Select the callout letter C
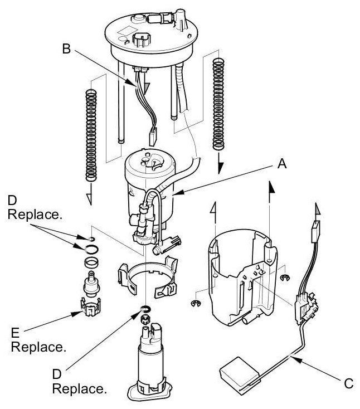pyautogui.click(x=348, y=383)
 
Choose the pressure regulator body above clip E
pyautogui.click(x=90, y=281)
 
